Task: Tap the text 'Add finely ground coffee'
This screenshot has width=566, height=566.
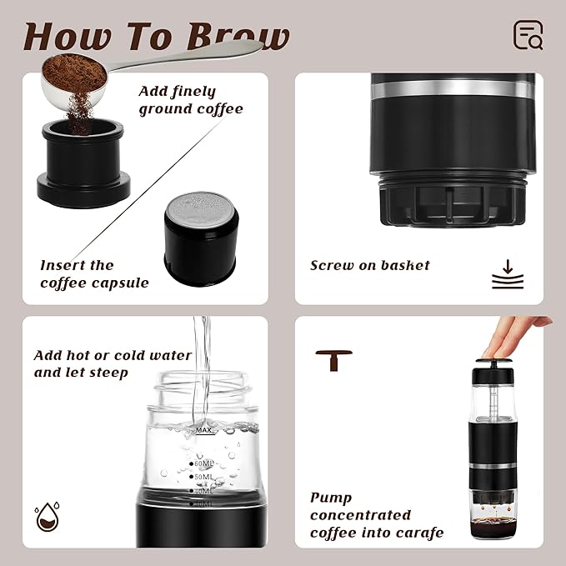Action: [x=191, y=100]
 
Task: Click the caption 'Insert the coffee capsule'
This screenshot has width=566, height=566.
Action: [x=94, y=274]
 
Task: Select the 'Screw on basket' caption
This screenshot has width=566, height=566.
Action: [x=370, y=265]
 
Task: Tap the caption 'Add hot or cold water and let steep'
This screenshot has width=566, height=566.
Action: [x=113, y=363]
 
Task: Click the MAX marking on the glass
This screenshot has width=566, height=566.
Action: [x=203, y=430]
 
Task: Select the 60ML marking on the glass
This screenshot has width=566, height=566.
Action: [x=203, y=463]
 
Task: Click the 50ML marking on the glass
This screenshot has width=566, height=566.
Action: [x=203, y=477]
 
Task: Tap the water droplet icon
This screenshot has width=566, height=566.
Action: [x=46, y=518]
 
